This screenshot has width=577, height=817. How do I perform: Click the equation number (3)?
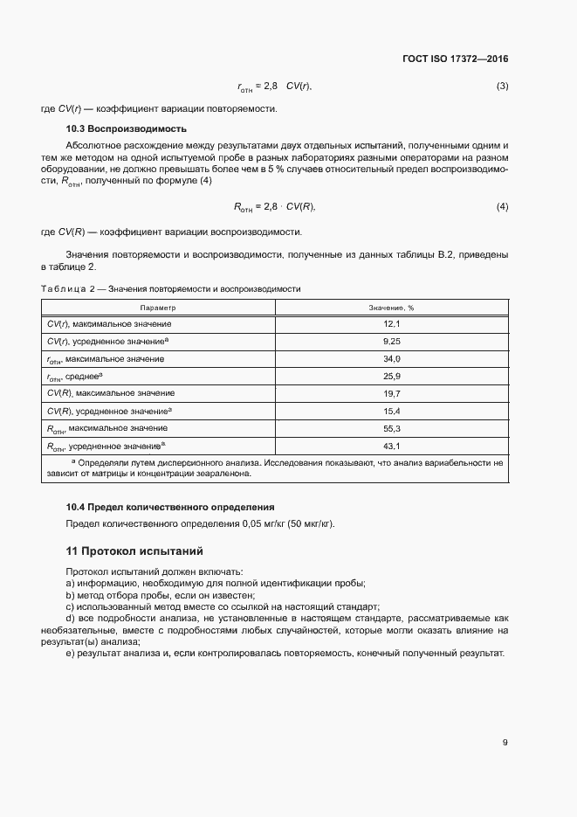[502, 87]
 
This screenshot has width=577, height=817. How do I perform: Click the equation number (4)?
[502, 206]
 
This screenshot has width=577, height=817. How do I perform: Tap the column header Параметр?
[158, 308]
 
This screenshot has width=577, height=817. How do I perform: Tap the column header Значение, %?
[391, 308]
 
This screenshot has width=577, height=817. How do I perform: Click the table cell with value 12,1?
[391, 324]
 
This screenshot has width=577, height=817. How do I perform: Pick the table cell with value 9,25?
[391, 342]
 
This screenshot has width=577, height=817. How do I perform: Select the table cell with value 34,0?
[391, 359]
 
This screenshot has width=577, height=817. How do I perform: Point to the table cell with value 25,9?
[391, 376]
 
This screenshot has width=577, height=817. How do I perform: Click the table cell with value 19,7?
[391, 393]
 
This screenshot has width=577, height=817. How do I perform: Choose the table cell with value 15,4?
[391, 411]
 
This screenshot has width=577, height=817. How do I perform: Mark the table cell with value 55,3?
[391, 428]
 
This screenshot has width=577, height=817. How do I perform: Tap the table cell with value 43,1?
[391, 446]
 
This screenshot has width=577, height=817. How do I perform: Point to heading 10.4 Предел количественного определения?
[170, 507]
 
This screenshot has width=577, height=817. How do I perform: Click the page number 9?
[505, 743]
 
